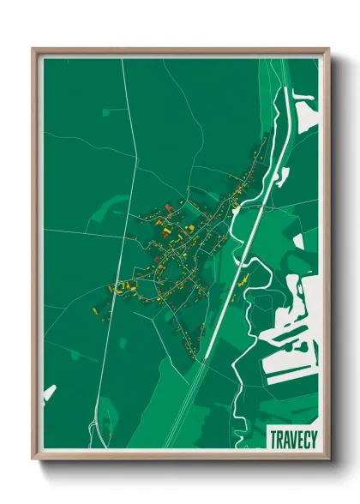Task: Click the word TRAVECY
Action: coord(293,438)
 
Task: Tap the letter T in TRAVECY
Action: coord(273,438)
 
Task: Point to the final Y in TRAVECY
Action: coord(313,438)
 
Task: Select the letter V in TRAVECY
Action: coord(292,438)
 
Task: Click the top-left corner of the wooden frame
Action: coord(33,49)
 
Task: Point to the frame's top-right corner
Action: coord(328,49)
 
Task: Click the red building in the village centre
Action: coord(169,207)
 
